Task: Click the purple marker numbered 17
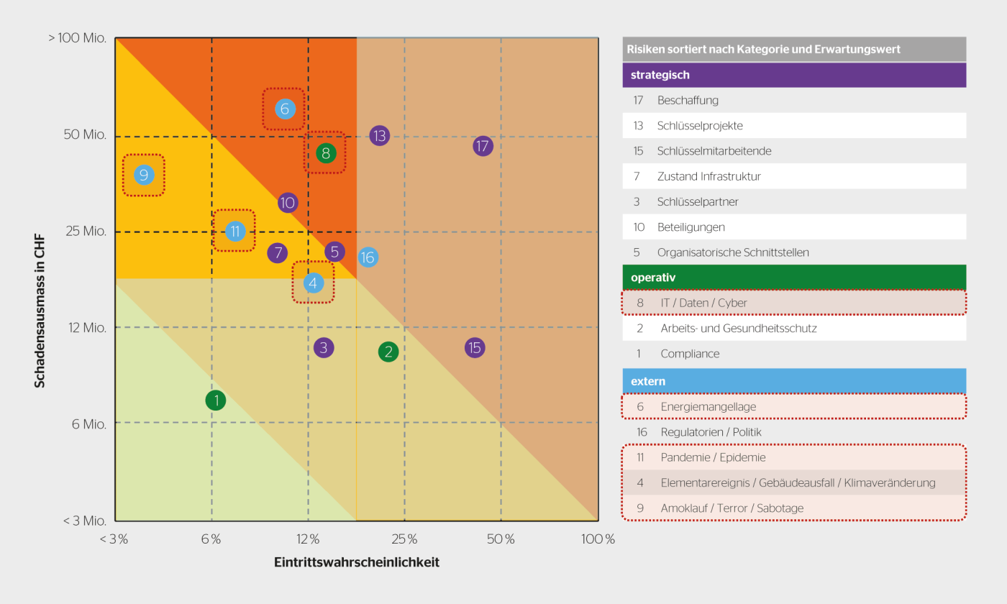point(483,146)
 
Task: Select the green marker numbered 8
point(326,152)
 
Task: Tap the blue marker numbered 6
point(285,109)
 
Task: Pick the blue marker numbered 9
point(144,175)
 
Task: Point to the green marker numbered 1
point(216,400)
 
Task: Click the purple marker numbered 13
point(380,135)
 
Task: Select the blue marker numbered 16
point(368,257)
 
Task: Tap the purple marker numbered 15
point(474,348)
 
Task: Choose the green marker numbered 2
point(388,352)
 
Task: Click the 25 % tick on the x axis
point(404,539)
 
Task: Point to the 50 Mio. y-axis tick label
point(85,135)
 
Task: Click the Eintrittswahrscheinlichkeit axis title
point(357,562)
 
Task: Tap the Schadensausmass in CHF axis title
point(40,309)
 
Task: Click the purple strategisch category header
point(794,75)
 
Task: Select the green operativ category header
point(794,278)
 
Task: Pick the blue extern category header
point(794,381)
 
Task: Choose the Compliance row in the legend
point(690,354)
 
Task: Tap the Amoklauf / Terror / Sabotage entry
point(732,508)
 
